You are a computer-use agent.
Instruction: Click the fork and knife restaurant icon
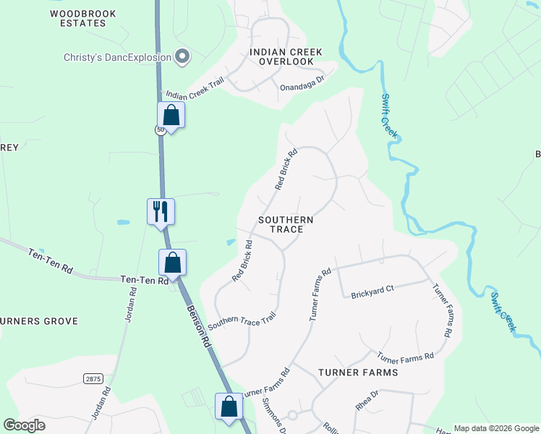tap(161, 212)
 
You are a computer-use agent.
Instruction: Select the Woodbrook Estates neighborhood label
tap(78, 18)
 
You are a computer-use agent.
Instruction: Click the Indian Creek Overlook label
tap(286, 57)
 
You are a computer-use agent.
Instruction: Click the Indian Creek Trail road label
tap(195, 87)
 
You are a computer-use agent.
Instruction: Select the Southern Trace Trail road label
tap(242, 323)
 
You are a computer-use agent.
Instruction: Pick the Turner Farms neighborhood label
tap(357, 373)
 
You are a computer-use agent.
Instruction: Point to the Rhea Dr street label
tap(367, 401)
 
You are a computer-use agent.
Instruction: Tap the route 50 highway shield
tap(159, 129)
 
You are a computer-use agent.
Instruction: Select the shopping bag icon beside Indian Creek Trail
tap(171, 114)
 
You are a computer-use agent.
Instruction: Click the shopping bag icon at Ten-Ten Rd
tap(173, 263)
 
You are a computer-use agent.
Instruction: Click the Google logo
tap(25, 425)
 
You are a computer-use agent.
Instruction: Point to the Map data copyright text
tap(495, 428)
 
